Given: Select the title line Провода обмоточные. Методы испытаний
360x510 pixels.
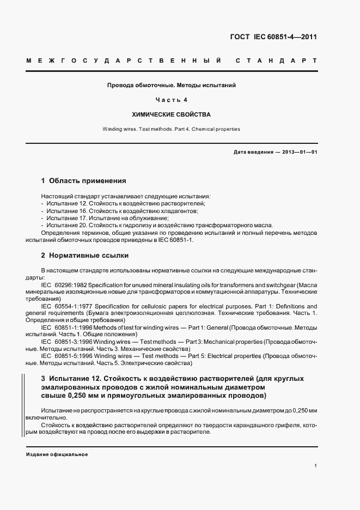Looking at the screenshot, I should point(171,86).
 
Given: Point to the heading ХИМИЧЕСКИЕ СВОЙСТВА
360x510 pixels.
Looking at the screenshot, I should point(171,115).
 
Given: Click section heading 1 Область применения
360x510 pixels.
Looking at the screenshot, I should point(84,180).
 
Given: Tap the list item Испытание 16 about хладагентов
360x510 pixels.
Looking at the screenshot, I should point(119,210).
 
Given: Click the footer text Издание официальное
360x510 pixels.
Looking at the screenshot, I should point(57,454).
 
